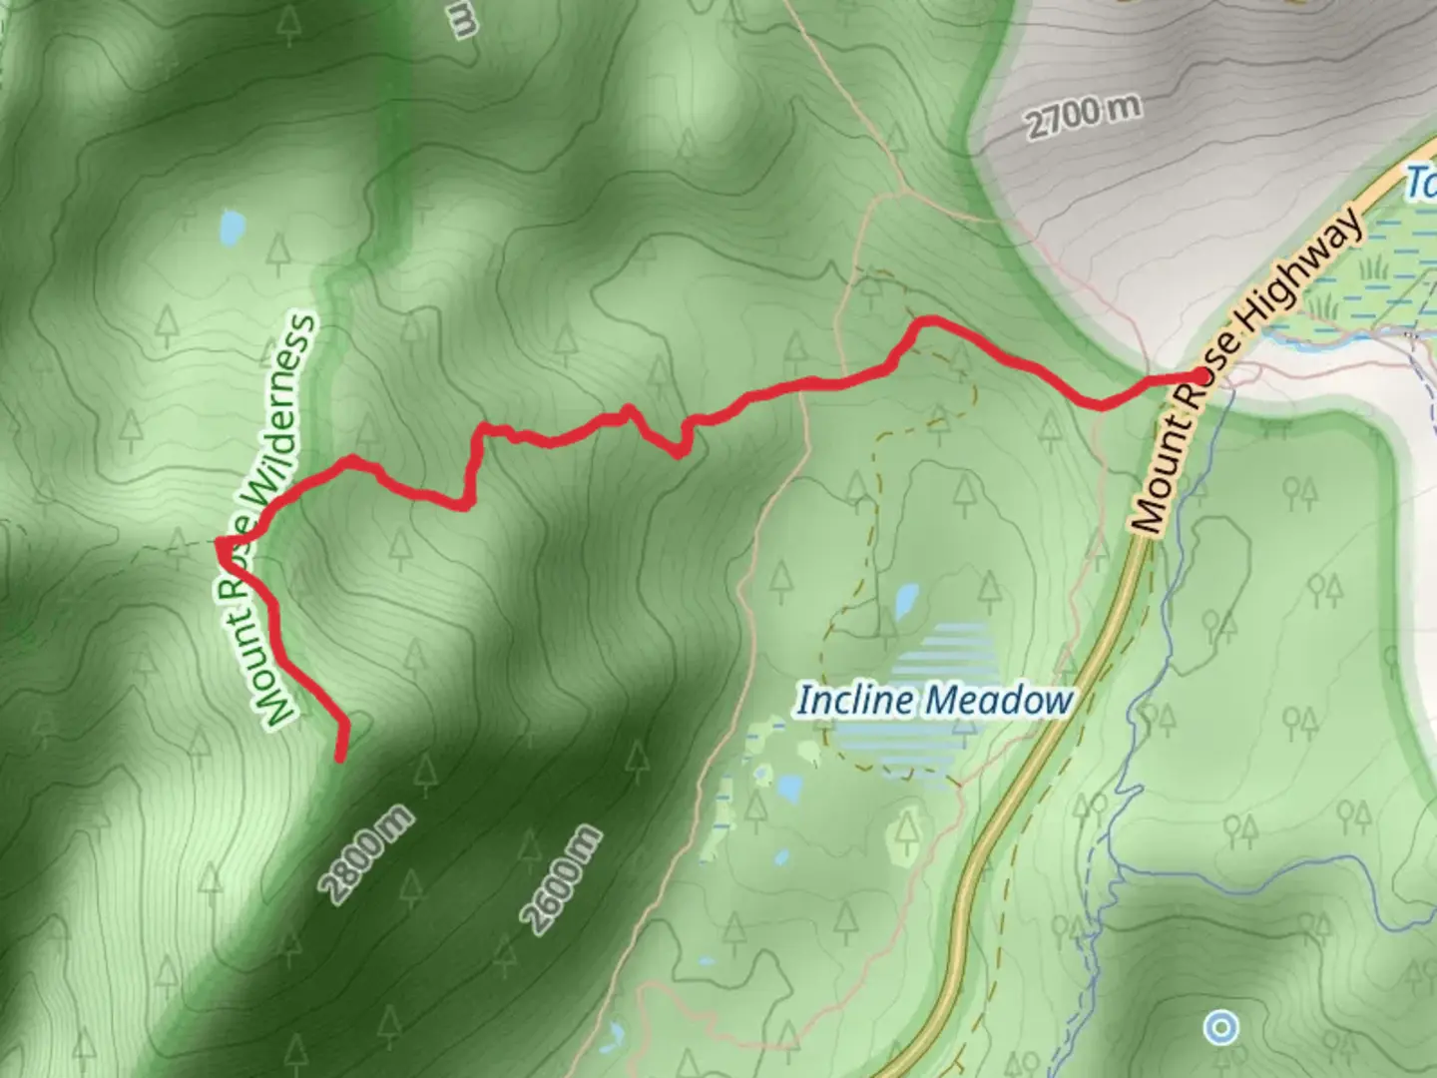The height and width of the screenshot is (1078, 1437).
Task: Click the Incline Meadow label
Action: tap(933, 701)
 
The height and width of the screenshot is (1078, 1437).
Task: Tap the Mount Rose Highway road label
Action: tap(1247, 369)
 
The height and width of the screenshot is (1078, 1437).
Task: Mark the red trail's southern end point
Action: tap(340, 760)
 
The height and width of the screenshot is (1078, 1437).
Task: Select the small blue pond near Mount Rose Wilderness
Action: tap(231, 228)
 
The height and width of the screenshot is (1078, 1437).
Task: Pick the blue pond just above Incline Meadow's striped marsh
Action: tap(906, 601)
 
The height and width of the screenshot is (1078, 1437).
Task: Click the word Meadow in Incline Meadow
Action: tap(1007, 701)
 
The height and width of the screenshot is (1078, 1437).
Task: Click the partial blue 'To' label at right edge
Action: tap(1421, 184)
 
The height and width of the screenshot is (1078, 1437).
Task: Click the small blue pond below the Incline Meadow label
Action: tap(788, 790)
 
